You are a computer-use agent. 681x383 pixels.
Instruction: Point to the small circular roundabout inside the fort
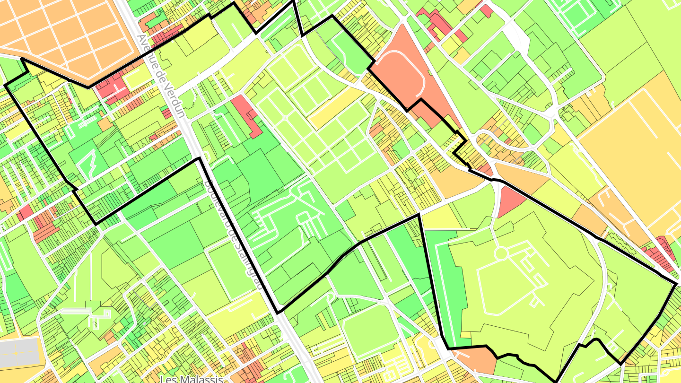click(x=500, y=254)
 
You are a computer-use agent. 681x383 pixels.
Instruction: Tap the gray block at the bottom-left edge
click(x=19, y=352)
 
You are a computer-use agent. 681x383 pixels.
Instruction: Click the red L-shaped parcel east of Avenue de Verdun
click(x=248, y=116)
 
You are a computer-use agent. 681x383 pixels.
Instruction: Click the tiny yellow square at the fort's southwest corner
click(x=466, y=335)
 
